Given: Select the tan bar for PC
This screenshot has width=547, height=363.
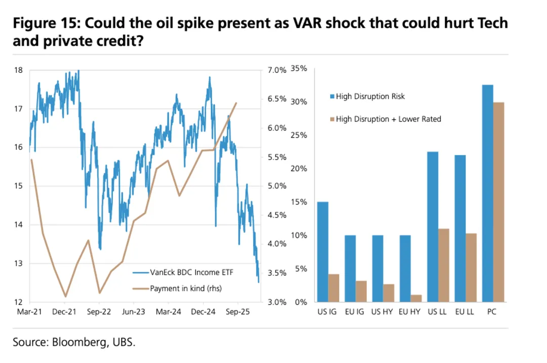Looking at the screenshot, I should tap(499, 203).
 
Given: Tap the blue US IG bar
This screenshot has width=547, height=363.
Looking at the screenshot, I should tap(323, 252).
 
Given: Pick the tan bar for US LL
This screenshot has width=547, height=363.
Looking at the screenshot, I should tap(444, 265).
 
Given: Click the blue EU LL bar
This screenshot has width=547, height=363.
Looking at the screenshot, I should tap(460, 228).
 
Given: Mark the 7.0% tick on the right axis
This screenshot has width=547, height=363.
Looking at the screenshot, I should tap(277, 70).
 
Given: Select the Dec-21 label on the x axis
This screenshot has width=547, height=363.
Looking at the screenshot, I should tap(64, 312).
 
